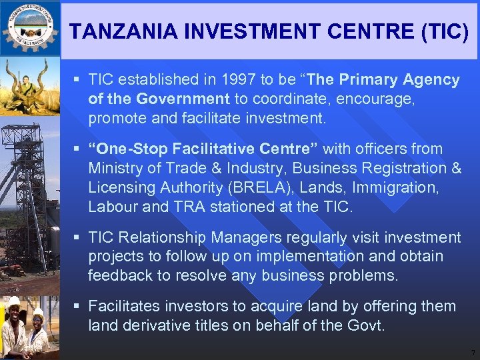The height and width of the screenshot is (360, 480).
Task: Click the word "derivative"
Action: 157,326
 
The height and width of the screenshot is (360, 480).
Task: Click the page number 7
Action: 472,351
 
